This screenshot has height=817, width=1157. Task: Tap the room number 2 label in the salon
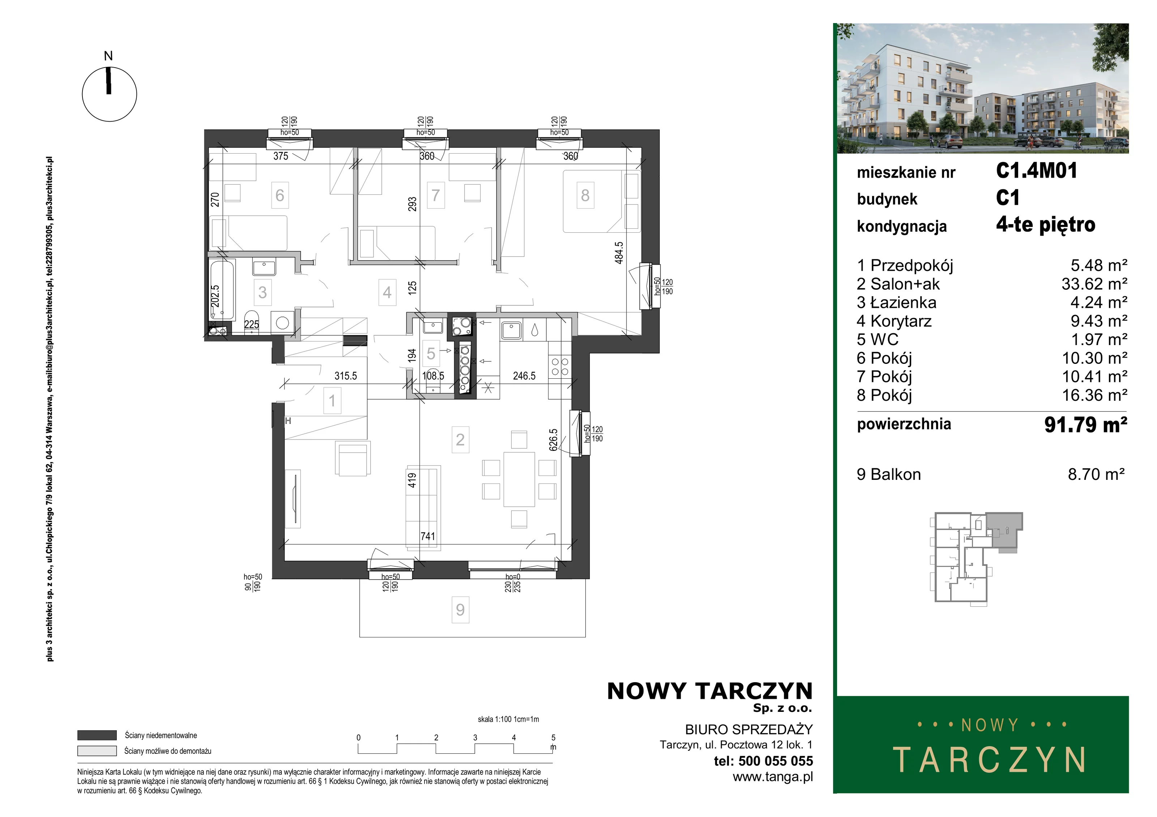460,440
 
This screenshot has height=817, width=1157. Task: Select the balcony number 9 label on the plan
460,610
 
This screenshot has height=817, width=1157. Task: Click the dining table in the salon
519,479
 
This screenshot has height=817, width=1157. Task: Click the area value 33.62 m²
1094,284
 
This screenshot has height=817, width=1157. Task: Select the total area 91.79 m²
1085,424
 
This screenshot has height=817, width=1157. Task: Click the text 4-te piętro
1046,225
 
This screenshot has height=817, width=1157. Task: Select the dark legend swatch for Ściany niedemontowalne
97,735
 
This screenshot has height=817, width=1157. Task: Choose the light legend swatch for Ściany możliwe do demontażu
97,751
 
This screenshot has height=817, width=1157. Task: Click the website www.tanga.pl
773,777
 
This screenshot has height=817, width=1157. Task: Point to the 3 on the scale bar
475,738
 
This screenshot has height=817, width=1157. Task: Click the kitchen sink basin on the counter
512,330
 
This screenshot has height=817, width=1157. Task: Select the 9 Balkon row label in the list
889,474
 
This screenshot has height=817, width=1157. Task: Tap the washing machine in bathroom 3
283,322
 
